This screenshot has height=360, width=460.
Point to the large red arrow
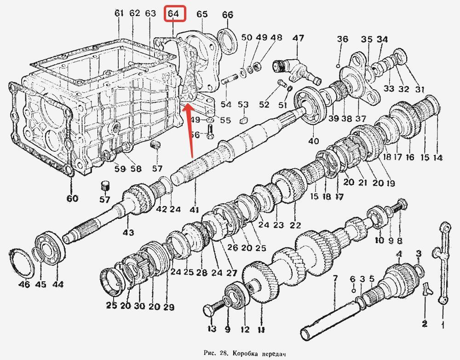point(190,133)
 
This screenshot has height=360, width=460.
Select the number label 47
point(299,39)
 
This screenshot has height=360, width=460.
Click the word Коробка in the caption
point(245,354)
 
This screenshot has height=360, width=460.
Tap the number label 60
point(72,199)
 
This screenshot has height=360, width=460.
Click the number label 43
point(128,233)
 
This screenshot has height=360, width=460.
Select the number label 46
point(24,285)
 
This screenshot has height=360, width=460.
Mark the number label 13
point(212,329)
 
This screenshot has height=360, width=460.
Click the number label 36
point(342,40)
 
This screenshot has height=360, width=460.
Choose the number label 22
point(295,226)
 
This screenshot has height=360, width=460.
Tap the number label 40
point(313,141)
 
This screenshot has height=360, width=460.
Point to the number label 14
point(437,158)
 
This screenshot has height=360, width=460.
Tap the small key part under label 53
point(243,120)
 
